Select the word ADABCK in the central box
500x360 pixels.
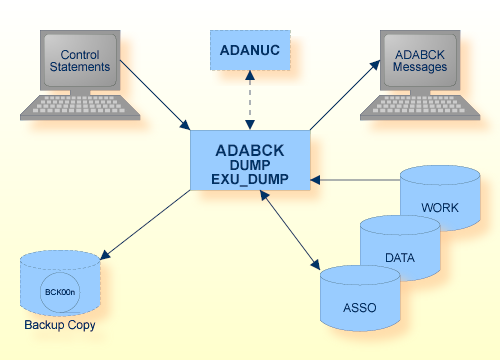(250, 151)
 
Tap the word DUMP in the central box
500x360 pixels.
(250, 166)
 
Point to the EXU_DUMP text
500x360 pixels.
(250, 181)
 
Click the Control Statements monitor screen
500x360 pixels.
(81, 61)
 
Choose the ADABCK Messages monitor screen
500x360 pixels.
(419, 61)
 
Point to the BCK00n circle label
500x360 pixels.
(60, 292)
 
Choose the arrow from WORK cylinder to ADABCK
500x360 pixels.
(355, 181)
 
